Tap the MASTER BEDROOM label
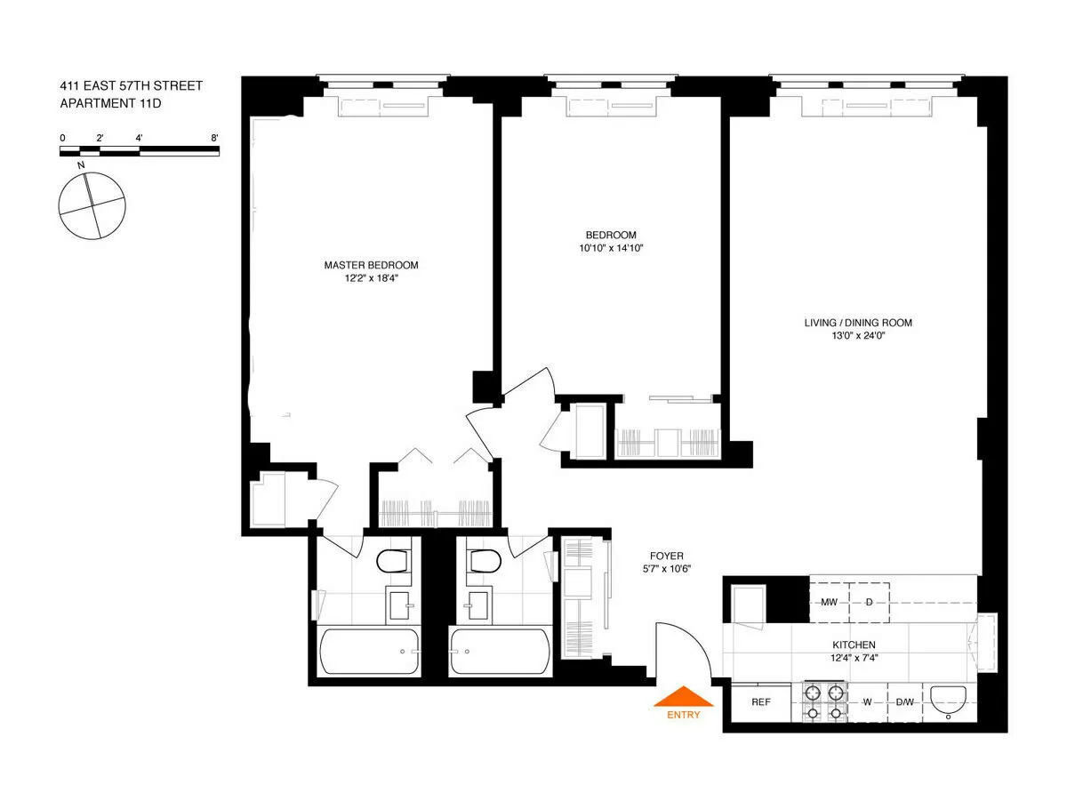tap(371, 265)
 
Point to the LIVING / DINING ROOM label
tap(857, 323)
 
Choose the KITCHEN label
tap(854, 645)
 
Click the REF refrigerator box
tap(760, 702)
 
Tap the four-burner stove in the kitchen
tap(823, 701)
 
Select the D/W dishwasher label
tap(904, 702)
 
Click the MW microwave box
tap(829, 602)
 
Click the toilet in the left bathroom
tap(392, 561)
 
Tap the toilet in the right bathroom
tap(484, 561)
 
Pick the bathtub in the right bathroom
tap(500, 652)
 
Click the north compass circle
tap(91, 205)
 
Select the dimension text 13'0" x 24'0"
tap(857, 336)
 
